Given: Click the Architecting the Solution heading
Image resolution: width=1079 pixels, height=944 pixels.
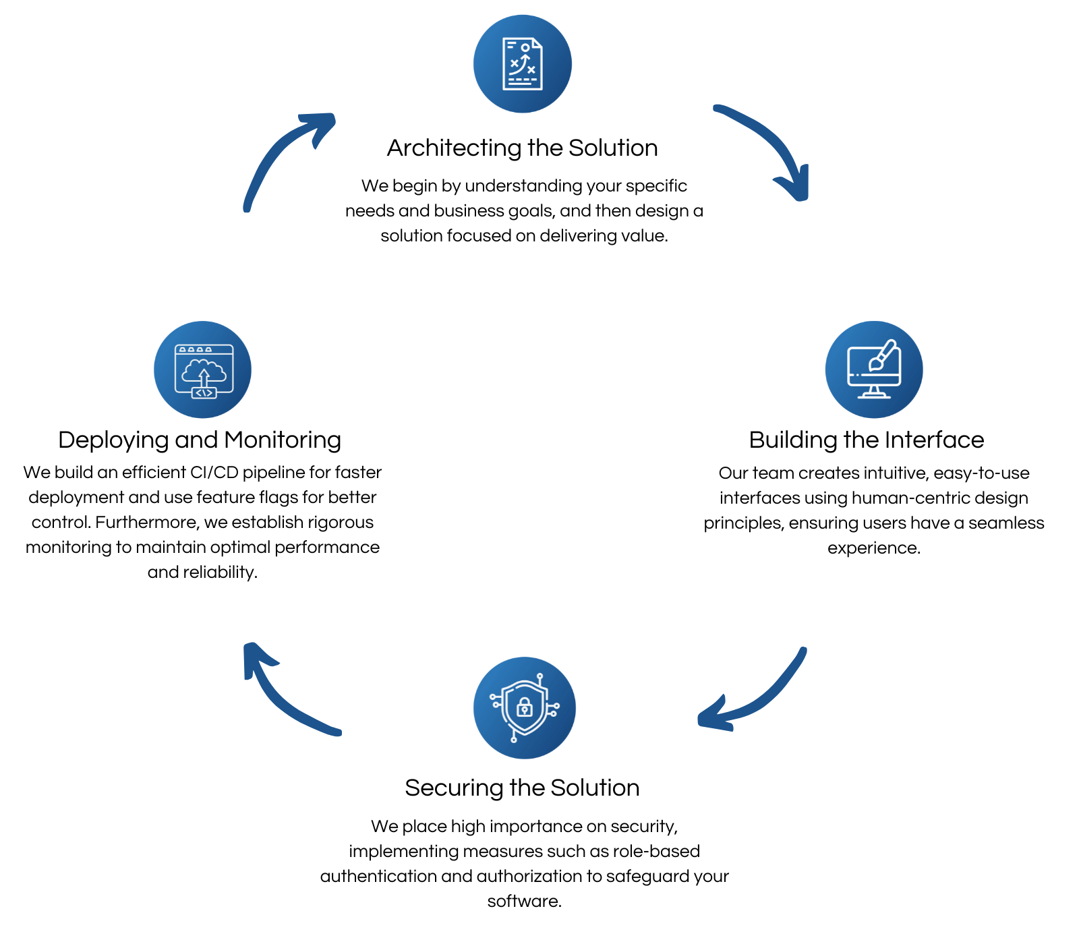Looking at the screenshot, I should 522,148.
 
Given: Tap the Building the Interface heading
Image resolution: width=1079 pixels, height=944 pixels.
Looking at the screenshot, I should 866,440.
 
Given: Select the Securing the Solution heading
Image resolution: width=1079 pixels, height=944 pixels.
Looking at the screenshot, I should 522,788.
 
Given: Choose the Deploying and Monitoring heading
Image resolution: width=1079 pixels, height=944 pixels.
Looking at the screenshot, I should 200,440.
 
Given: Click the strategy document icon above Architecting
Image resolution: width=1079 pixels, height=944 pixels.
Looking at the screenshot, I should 523,64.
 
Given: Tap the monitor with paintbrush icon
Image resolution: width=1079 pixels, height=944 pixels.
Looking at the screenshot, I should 874,370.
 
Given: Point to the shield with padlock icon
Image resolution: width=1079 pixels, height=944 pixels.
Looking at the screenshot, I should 524,707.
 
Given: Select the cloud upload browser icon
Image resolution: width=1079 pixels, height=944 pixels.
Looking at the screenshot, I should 203,370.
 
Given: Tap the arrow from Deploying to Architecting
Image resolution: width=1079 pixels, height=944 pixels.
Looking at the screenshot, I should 283,155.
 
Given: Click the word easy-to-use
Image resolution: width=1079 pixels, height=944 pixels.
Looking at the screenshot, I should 981,473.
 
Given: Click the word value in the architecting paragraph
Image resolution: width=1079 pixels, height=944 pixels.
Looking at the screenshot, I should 643,235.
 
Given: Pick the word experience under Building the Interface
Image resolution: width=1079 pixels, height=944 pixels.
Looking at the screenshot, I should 873,548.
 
